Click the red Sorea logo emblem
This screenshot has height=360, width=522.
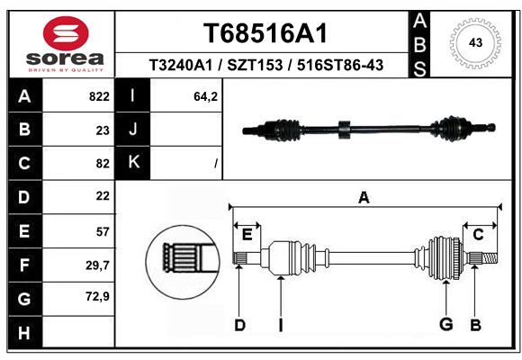[x=66, y=33]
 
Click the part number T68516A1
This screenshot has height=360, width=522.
[x=265, y=33]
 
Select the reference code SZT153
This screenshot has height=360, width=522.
[x=255, y=65]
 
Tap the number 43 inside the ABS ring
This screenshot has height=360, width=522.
[x=475, y=42]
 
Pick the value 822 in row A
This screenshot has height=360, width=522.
[x=99, y=96]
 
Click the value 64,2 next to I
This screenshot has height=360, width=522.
[x=205, y=96]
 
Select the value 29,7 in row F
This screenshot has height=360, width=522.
[x=97, y=265]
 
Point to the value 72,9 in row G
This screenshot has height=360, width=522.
[x=97, y=296]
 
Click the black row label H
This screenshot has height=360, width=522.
[x=25, y=333]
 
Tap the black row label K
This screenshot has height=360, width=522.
[x=133, y=163]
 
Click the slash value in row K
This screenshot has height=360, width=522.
[x=216, y=164]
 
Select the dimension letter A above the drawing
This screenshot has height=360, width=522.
[x=364, y=198]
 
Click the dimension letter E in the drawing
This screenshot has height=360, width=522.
[x=247, y=235]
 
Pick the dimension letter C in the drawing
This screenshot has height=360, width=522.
[x=478, y=235]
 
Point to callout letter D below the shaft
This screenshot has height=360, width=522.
[x=239, y=325]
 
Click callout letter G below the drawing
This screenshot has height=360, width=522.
[x=445, y=324]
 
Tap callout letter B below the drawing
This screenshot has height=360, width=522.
[x=476, y=325]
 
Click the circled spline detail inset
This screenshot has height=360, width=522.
[x=183, y=262]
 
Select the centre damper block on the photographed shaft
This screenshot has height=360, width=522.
[x=345, y=130]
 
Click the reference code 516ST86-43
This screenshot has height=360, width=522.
[x=340, y=65]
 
